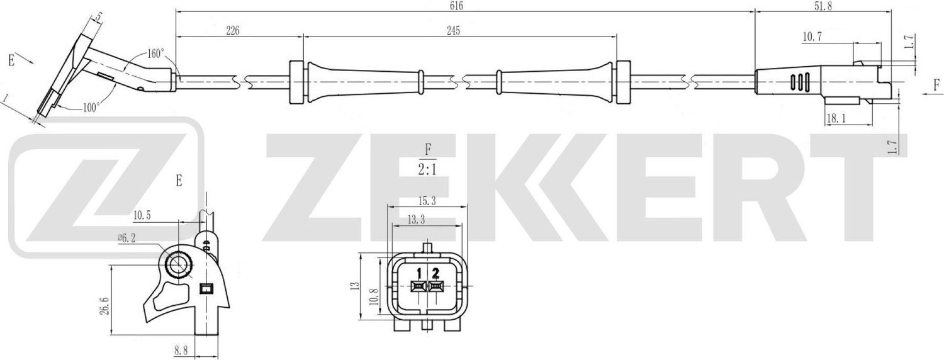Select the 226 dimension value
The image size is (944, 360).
233,31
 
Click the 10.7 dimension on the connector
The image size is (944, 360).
812,38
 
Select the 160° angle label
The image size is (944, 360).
155,53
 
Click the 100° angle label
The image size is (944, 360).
91,108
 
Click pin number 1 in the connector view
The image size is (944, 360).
418,273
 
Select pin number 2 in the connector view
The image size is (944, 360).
435,273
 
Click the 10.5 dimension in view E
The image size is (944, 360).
142,215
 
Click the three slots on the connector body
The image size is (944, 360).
800,83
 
